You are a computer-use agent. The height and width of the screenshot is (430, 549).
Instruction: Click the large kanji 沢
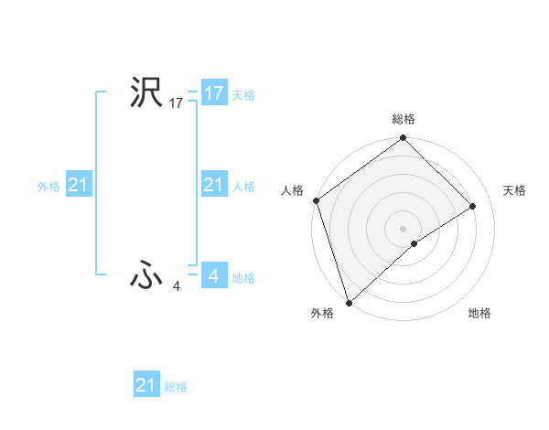point(145,92)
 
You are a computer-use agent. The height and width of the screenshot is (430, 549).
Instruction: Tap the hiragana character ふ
point(145,276)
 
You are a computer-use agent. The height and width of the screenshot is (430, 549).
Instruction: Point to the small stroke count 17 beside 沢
point(177,104)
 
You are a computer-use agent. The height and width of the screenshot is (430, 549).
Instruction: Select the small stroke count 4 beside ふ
point(177,287)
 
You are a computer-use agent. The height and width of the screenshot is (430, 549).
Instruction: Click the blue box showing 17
point(213,93)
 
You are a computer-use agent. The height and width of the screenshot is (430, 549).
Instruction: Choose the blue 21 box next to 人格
point(213,186)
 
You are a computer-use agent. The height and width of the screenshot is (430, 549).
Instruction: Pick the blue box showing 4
point(213,275)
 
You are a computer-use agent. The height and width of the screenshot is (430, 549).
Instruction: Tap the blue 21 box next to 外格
point(78,186)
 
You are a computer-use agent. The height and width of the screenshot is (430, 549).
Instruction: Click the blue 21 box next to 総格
point(145,385)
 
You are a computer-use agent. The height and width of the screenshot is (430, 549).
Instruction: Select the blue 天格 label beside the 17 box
point(243,95)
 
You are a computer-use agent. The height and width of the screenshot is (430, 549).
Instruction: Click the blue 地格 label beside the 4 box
point(243,278)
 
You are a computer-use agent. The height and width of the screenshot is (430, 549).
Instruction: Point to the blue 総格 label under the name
point(176,387)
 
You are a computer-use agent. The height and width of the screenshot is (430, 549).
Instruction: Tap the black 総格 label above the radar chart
point(403,119)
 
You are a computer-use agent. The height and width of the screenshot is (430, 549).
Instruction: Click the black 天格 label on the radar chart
point(515,190)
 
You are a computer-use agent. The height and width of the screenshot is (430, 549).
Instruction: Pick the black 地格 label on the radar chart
point(479,313)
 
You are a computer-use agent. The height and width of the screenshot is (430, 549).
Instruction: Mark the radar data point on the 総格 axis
point(403,139)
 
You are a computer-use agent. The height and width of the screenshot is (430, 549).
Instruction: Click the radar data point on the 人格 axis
point(316,200)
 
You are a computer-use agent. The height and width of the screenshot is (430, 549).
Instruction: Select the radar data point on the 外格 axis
point(349,301)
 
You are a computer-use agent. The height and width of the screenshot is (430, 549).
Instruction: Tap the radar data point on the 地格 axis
point(414,243)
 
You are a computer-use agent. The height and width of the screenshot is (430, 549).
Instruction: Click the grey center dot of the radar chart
point(403,228)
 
